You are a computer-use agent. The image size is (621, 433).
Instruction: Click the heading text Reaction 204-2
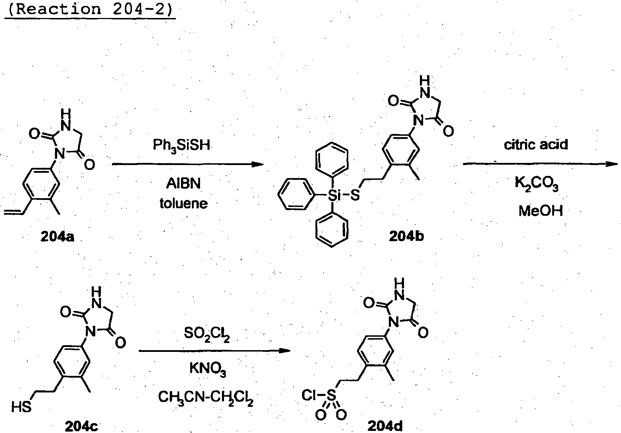[90, 8]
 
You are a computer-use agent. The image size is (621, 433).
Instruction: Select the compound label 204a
[58, 237]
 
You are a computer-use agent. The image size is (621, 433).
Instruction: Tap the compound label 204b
[406, 237]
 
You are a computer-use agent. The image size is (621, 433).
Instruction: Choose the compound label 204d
[385, 427]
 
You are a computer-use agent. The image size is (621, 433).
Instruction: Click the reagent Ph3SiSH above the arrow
[181, 146]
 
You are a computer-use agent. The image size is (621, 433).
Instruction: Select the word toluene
[183, 203]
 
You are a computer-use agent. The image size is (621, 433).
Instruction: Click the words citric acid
[536, 145]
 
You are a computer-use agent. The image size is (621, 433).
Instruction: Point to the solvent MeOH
[541, 211]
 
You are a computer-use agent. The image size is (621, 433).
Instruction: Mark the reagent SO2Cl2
[207, 334]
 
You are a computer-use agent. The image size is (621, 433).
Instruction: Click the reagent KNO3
[208, 370]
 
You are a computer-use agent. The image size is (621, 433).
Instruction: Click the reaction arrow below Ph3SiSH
[188, 164]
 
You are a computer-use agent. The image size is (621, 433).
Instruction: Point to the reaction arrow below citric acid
[541, 164]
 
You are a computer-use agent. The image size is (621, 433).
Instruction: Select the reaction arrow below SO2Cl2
[215, 351]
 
